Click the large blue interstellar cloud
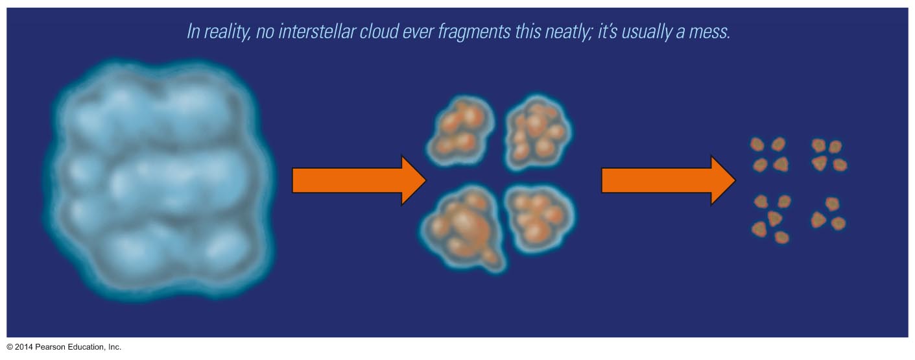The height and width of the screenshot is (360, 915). pos(160,180)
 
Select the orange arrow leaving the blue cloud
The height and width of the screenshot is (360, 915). pos(359,180)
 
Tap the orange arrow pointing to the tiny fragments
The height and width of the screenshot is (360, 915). pos(669,180)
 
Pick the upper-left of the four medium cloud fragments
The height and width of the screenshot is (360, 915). pos(460,130)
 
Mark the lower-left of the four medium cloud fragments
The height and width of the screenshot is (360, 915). pos(463,228)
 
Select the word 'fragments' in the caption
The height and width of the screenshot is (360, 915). pos(474,32)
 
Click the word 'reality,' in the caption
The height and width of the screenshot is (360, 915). pos(227,32)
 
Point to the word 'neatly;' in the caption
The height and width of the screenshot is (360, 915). pos(568,32)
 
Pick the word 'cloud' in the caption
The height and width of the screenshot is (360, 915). pos(379,32)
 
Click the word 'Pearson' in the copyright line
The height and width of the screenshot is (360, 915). pos(50,347)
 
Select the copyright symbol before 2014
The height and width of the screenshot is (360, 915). pos(10,347)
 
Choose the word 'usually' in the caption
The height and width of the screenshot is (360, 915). pos(647,32)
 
